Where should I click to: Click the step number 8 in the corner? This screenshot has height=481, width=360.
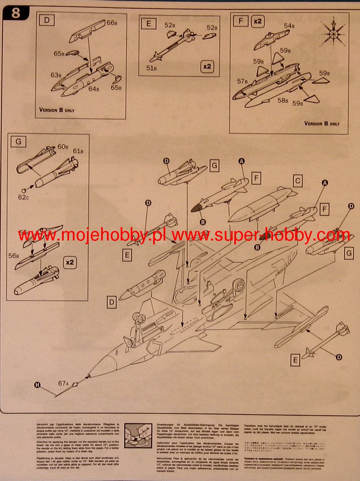click(x=16, y=13)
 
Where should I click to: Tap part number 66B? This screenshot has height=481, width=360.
click(x=112, y=23)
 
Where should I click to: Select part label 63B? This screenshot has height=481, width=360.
click(x=56, y=75)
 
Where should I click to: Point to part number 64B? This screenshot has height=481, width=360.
click(x=94, y=89)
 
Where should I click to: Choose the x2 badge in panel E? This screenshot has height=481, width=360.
click(x=207, y=66)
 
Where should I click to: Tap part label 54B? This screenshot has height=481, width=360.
click(x=289, y=26)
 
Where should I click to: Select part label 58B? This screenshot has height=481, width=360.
click(x=283, y=100)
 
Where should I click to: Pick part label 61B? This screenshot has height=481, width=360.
click(x=78, y=151)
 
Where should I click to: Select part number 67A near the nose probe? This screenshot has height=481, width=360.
click(x=63, y=384)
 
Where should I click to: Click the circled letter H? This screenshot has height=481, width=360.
click(x=37, y=385)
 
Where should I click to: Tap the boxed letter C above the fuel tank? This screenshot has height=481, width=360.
click(x=297, y=181)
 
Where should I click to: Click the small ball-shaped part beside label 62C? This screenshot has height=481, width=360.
click(x=24, y=190)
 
